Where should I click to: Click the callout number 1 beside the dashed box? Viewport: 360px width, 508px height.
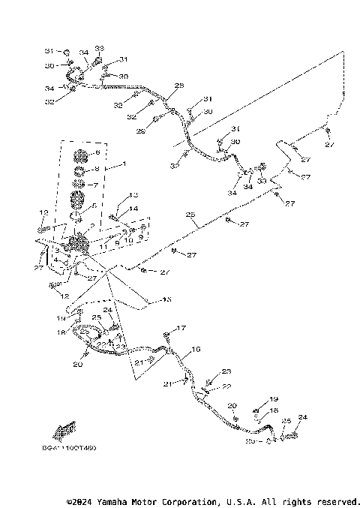point(124,163)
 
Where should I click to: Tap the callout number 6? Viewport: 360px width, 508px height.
point(97,153)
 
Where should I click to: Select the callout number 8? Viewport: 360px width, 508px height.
point(97,169)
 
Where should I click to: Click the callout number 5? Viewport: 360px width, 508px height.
point(94,206)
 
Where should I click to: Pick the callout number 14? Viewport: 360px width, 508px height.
point(135,209)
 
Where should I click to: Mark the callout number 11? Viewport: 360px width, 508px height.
point(107,245)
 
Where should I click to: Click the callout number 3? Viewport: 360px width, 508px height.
point(56,251)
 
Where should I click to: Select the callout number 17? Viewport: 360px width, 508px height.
point(181,328)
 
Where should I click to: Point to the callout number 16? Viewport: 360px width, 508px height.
point(196,349)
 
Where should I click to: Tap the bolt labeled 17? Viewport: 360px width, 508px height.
point(170,335)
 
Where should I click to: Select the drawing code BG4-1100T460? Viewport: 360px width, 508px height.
point(75,448)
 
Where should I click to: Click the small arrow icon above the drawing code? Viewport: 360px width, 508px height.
point(64,432)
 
